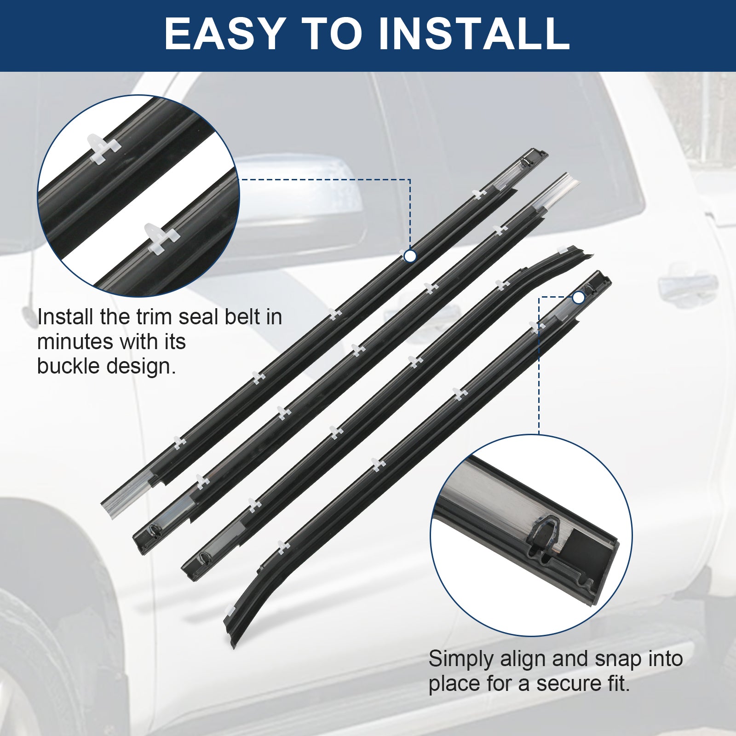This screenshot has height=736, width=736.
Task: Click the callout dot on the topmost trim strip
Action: (x=410, y=256)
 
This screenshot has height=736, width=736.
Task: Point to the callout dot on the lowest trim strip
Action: (x=579, y=298)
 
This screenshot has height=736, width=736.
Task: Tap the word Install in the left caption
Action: (x=67, y=317)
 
